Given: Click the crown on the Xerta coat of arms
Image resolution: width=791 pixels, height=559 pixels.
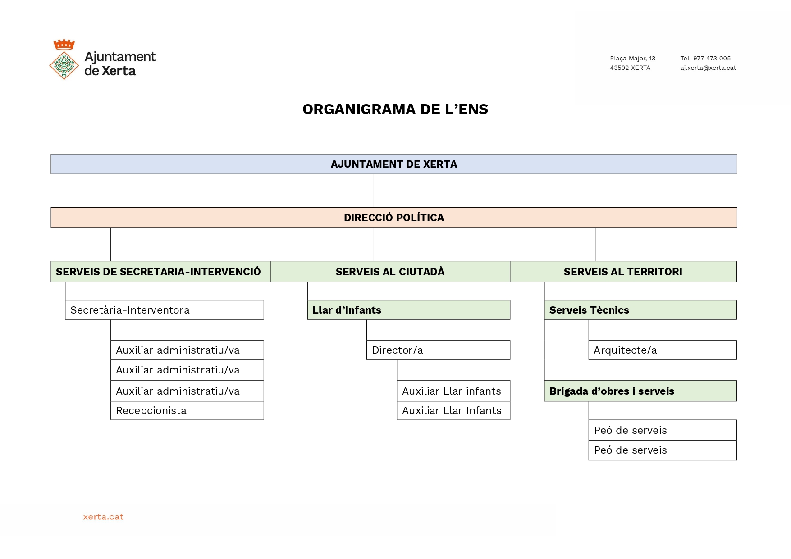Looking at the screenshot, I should click(64, 44).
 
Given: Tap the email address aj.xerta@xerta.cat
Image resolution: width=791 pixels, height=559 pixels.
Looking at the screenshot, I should click(708, 68).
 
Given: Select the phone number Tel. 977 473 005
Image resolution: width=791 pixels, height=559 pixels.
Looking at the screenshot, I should click(705, 59).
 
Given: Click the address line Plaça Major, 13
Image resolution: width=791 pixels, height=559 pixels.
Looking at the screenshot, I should click(632, 59).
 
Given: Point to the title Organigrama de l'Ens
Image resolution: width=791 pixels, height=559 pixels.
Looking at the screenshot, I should click(395, 109).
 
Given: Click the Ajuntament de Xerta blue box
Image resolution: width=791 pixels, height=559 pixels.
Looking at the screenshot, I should click(394, 164).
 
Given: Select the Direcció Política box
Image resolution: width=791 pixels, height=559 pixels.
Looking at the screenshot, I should click(394, 218).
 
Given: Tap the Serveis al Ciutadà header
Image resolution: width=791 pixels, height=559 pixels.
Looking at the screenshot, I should click(390, 272).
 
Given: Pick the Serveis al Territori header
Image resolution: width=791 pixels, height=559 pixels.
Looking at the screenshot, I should click(623, 272).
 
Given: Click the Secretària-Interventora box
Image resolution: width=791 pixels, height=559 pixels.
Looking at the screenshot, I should click(165, 310).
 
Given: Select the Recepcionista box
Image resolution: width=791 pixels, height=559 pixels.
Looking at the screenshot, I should click(187, 411).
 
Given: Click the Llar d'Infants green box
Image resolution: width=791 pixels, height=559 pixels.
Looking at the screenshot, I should click(409, 310).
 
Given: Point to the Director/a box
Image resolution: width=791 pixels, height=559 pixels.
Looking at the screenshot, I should click(438, 350).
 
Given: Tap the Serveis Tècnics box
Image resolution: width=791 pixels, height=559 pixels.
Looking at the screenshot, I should click(640, 310).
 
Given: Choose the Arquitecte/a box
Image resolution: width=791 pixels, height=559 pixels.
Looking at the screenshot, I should click(663, 350).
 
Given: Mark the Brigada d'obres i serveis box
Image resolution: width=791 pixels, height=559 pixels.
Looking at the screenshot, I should click(640, 391).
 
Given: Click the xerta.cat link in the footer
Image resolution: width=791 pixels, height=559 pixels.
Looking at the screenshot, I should click(103, 517).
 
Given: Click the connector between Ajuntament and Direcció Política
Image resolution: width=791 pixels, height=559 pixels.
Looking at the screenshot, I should click(374, 191).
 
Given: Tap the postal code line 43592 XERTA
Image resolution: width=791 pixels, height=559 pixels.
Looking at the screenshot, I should click(630, 68).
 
